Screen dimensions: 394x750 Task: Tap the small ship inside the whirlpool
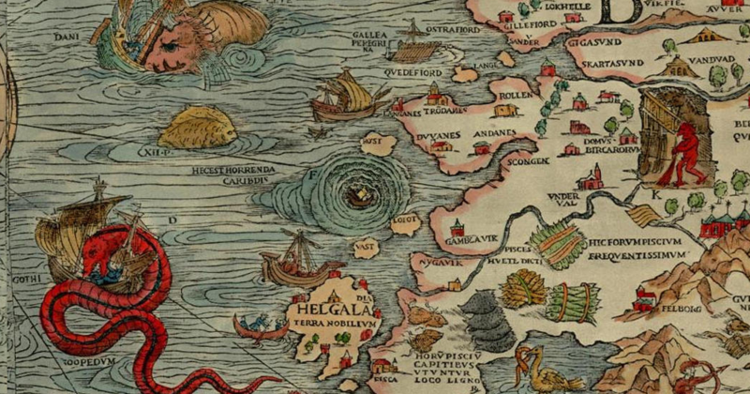(x=357, y=196)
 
